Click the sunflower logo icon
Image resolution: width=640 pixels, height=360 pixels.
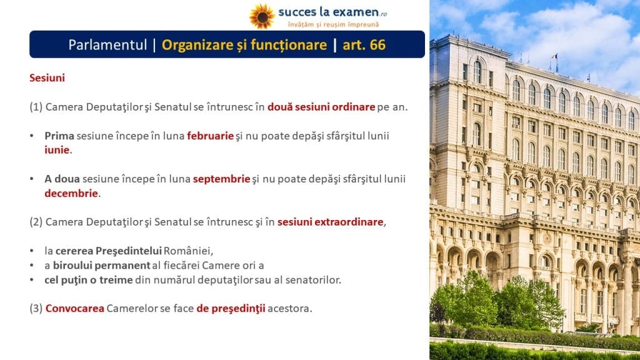point(262,16)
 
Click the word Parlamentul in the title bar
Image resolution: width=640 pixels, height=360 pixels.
point(107,44)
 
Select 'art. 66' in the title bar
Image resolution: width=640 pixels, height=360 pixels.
point(364,44)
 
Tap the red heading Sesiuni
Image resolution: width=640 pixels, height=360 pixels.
point(47,77)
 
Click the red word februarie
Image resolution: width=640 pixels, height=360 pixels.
point(210,136)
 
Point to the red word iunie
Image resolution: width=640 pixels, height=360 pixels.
point(57,150)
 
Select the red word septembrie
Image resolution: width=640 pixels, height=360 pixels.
point(221,179)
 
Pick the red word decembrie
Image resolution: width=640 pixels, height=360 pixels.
point(71,193)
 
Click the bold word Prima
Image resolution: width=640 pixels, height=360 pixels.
point(59,136)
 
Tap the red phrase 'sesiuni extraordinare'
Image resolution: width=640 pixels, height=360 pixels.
point(330,222)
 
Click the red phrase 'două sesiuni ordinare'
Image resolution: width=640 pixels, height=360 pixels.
point(321,107)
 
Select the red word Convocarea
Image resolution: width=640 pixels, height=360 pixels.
point(75,308)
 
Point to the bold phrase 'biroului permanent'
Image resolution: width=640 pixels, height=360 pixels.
point(102,265)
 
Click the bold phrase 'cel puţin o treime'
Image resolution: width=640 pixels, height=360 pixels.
point(89,279)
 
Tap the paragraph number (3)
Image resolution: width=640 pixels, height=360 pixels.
point(36,308)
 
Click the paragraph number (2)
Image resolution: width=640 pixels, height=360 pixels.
point(36,222)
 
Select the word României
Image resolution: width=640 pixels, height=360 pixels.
point(188,251)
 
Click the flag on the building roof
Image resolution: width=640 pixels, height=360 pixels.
point(555,57)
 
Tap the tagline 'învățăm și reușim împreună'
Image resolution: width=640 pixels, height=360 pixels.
point(333,24)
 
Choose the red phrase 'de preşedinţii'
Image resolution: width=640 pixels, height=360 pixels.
point(231,308)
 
